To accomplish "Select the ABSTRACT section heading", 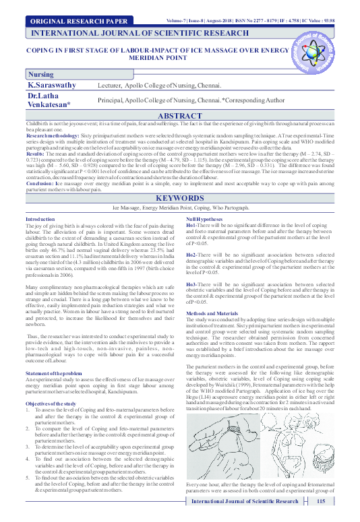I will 179,116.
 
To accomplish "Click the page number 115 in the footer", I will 321,502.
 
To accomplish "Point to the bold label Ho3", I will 193,286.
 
